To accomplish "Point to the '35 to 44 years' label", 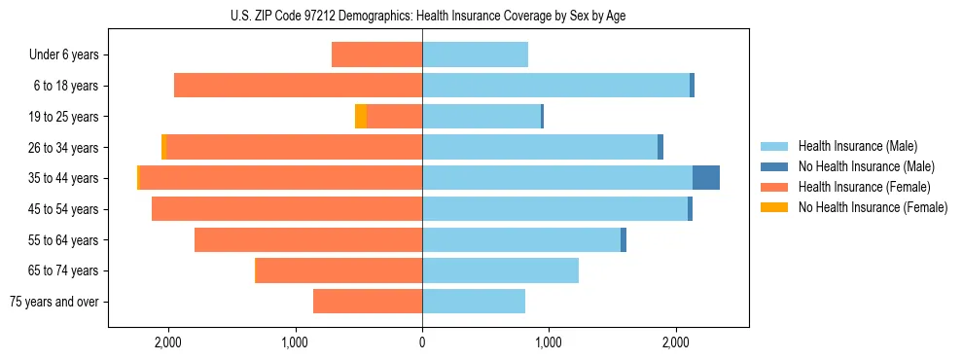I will tap(64, 178).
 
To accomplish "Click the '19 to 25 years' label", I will tap(64, 117).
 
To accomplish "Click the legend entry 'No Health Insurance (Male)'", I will tap(866, 166).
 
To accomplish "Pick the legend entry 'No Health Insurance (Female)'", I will tap(873, 207).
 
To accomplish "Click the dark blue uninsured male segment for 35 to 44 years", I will tap(706, 178).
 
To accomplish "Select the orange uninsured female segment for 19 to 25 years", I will tap(361, 117).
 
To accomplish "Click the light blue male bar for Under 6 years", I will tap(475, 54).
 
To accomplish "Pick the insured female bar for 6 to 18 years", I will tap(298, 86).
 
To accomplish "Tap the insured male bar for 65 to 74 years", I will tap(500, 270).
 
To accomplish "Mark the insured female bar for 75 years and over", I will tap(368, 302).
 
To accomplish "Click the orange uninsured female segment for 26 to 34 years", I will tap(163, 147).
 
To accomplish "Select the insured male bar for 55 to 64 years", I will tap(521, 239).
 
